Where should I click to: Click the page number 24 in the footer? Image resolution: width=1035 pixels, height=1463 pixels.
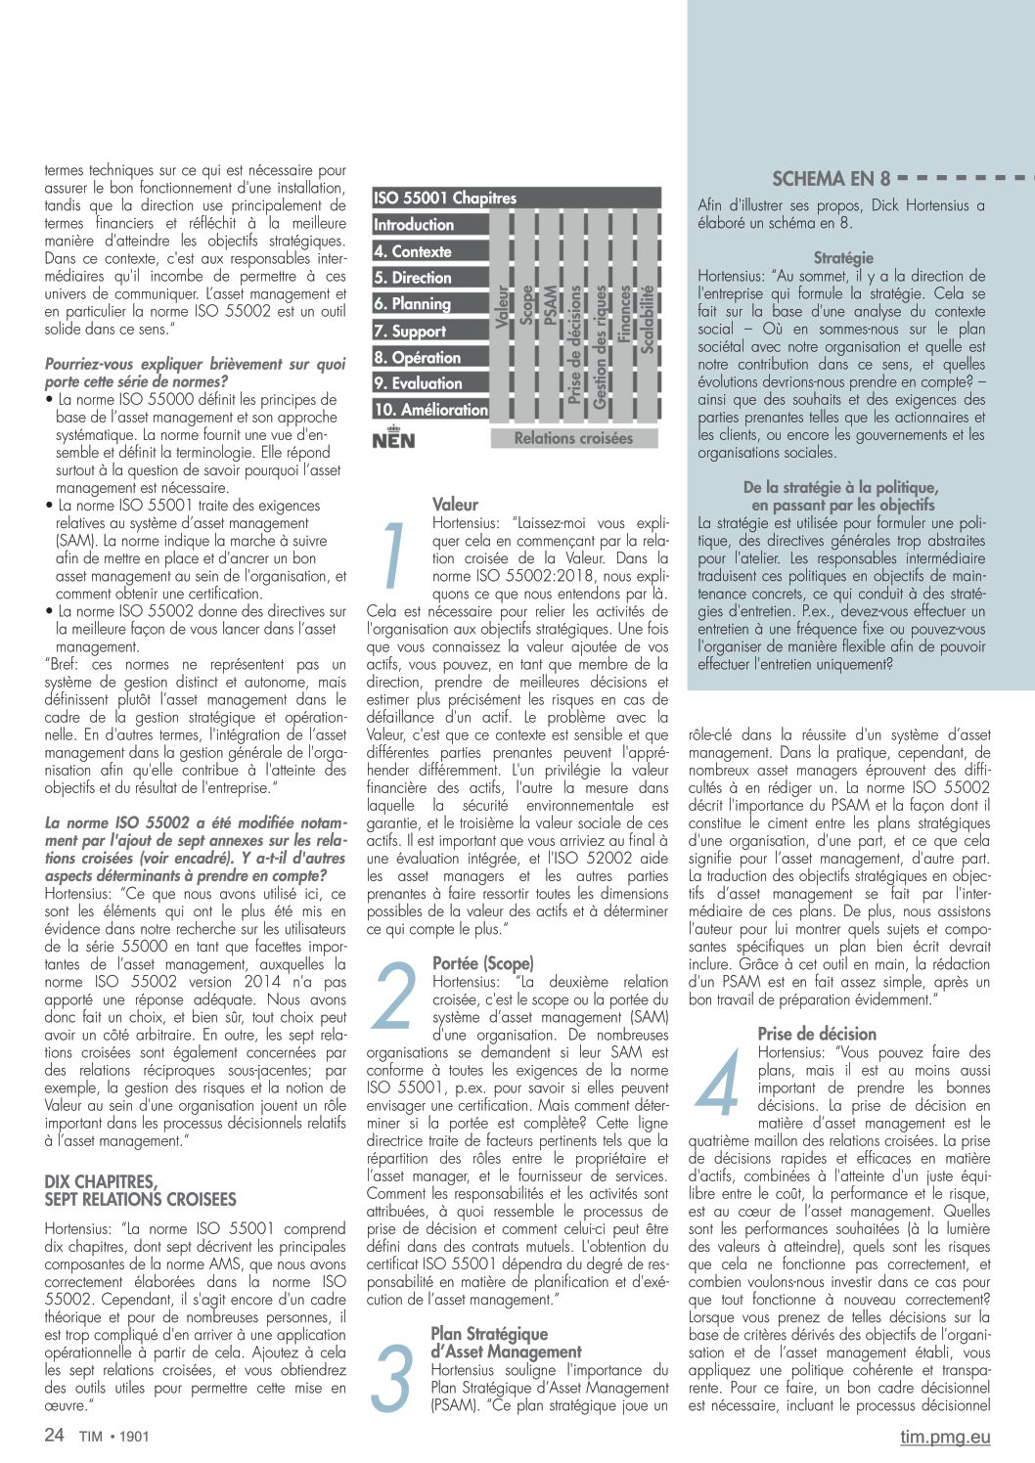coord(55,1436)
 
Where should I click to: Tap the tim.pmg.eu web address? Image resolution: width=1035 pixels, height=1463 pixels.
coord(945,1437)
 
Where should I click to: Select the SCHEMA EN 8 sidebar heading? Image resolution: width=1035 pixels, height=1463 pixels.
coord(831,179)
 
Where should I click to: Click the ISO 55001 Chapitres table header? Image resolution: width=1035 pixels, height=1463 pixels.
coord(445,199)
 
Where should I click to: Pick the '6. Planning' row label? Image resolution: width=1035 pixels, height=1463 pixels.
coord(412,304)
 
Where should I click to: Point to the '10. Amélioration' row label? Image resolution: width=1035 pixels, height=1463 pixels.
coord(430,410)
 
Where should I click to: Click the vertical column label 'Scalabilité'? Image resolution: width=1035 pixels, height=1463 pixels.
coord(647,319)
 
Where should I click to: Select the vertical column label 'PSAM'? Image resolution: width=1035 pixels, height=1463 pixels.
coord(551,305)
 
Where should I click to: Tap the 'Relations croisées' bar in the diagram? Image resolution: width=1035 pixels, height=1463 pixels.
coord(573,438)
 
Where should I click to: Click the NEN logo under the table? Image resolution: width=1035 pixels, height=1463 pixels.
coord(393,438)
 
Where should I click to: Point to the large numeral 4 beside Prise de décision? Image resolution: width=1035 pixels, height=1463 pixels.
coord(720,1082)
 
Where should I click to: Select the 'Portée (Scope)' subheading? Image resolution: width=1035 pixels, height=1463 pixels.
coord(483,963)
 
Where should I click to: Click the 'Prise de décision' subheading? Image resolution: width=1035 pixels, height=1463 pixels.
coord(817,1034)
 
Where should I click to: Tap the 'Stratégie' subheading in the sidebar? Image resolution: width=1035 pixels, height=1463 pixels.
coord(843,258)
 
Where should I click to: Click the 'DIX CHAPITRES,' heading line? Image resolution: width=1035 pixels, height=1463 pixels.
coord(101,1182)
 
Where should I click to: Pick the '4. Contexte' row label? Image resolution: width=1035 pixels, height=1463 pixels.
coord(412,251)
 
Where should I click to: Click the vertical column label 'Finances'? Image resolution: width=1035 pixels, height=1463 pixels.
coord(624,313)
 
